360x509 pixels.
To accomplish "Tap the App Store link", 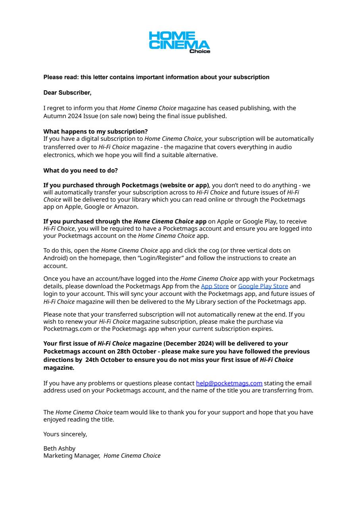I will pos(215,286).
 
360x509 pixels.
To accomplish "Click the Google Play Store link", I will pos(263,286).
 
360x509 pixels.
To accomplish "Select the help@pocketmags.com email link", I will pos(229,383).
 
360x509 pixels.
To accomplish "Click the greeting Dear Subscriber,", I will pos(67,93).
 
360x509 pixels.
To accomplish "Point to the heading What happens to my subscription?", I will pos(95,132).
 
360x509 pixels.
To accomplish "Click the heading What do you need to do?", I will pos(80,171).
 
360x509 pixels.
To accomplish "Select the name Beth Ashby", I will pos(59,449).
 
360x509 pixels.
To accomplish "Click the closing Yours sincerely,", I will pos(65,434).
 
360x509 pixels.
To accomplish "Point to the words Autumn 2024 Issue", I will pos(68,116).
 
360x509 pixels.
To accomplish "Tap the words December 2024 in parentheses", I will pos(186,344).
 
